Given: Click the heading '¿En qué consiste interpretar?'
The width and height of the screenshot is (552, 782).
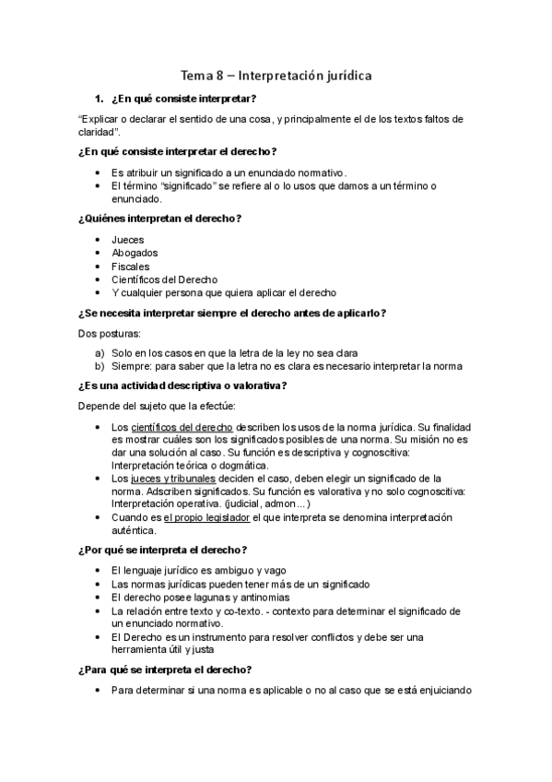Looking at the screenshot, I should coord(182,99).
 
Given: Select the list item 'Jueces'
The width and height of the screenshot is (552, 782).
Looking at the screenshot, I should coord(127,240).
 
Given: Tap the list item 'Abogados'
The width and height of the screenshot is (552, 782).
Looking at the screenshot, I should coord(134,253).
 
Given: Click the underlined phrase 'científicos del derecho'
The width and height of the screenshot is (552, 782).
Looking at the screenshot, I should coord(182,427).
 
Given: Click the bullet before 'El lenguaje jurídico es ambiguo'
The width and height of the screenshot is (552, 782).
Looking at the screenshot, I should coord(99,571).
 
